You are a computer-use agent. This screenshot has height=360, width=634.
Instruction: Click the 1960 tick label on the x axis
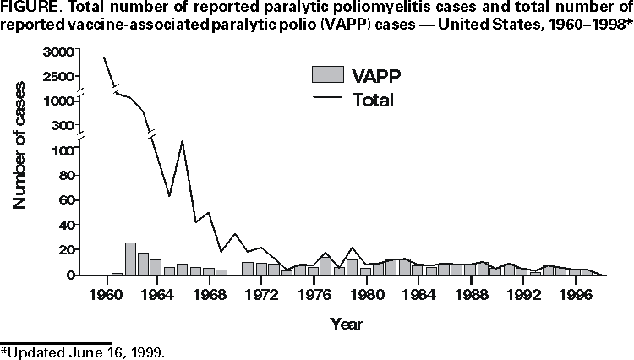pos(107,295)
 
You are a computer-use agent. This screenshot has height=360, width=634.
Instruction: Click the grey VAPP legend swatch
pos(327,74)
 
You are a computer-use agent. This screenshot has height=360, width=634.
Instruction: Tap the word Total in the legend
pos(374,100)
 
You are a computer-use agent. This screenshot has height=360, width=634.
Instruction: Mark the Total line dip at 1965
pos(169,196)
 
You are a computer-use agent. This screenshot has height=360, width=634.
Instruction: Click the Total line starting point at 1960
pos(104,57)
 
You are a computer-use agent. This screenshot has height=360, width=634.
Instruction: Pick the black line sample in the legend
pos(327,99)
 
